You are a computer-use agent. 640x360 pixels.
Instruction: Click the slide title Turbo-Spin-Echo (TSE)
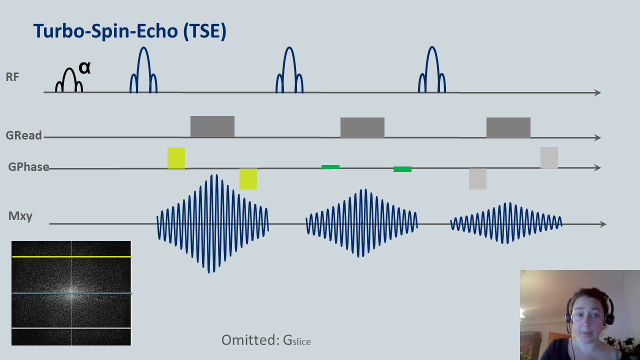pos(130,31)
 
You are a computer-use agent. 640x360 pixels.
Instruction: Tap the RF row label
pos(12,77)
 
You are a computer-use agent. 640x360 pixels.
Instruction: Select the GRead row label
pos(23,135)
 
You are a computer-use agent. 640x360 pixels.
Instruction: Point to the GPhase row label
pos(28,167)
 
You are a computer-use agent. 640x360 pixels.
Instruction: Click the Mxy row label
pos(20,216)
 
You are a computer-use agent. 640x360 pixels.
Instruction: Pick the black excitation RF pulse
pos(69,69)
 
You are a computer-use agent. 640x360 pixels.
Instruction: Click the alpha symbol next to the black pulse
pos(84,68)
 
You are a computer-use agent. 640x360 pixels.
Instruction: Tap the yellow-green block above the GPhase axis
pos(176,158)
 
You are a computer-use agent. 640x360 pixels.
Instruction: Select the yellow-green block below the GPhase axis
pos(248,179)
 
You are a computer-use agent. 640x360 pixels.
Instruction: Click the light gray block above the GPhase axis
pos(549,157)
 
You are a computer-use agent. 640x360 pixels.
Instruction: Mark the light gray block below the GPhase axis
pos(477,179)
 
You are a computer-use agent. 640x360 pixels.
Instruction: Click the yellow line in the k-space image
pos(71,256)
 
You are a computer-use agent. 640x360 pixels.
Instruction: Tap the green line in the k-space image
pos(71,293)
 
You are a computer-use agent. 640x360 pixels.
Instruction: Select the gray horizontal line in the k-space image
pos(71,328)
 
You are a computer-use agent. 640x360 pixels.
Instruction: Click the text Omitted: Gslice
pos(266,340)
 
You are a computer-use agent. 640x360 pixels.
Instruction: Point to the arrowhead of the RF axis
pos(597,92)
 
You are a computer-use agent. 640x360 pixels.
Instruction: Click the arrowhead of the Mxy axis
pos(603,224)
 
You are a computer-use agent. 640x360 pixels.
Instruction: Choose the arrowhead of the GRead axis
pos(597,137)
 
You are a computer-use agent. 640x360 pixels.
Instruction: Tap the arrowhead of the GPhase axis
pos(597,167)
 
